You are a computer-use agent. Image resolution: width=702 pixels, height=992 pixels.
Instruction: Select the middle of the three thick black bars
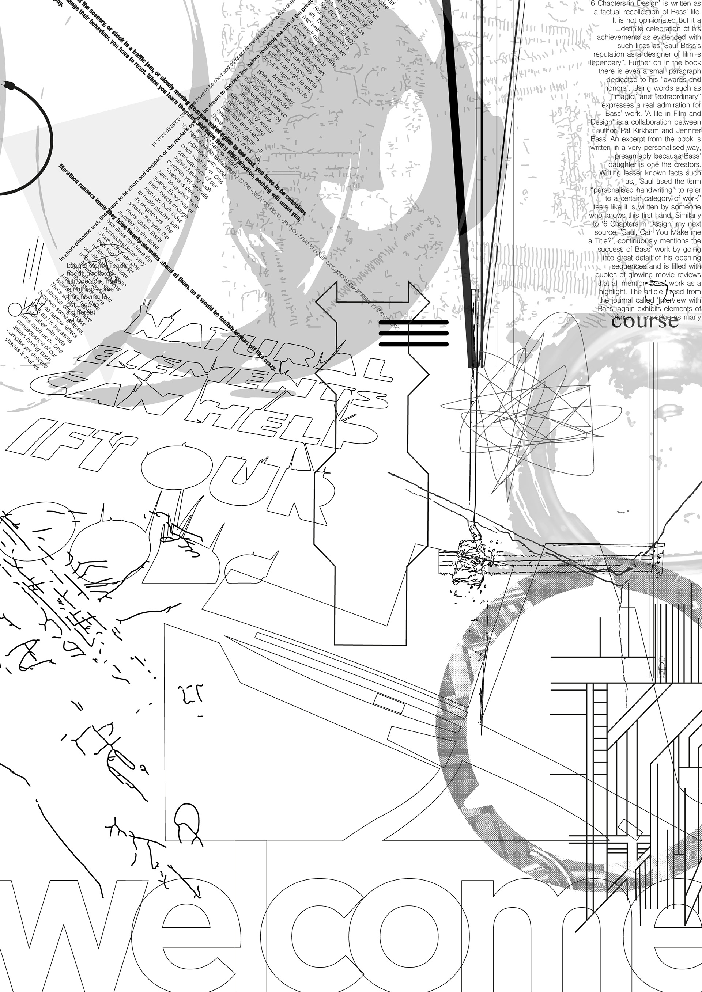[414, 333]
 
